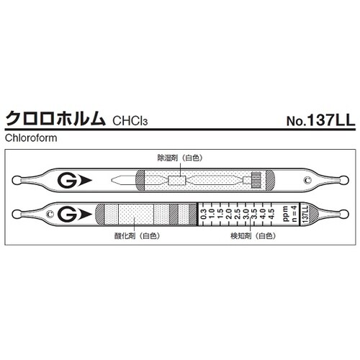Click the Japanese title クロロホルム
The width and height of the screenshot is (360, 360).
(55, 120)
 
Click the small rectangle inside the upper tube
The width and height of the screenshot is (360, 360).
(177, 179)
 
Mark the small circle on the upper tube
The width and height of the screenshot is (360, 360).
(308, 179)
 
